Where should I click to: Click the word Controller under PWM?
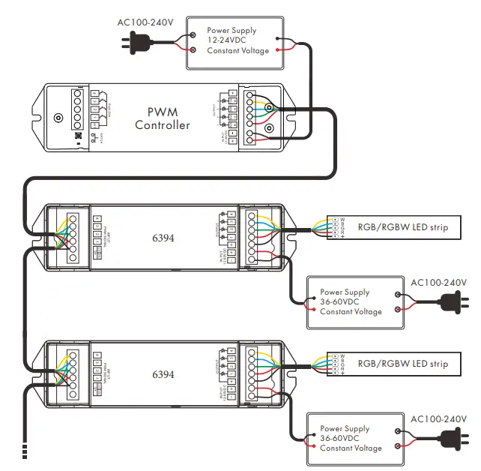163,125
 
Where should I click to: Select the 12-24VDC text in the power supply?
229,40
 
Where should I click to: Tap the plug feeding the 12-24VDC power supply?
130,43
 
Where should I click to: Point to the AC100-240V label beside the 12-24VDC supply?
145,22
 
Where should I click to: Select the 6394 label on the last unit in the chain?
163,373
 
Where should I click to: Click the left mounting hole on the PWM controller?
58,118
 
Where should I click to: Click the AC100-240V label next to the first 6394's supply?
438,282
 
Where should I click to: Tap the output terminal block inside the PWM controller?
249,117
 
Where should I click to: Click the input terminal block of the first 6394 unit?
73,237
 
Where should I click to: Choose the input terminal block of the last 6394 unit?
73,373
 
